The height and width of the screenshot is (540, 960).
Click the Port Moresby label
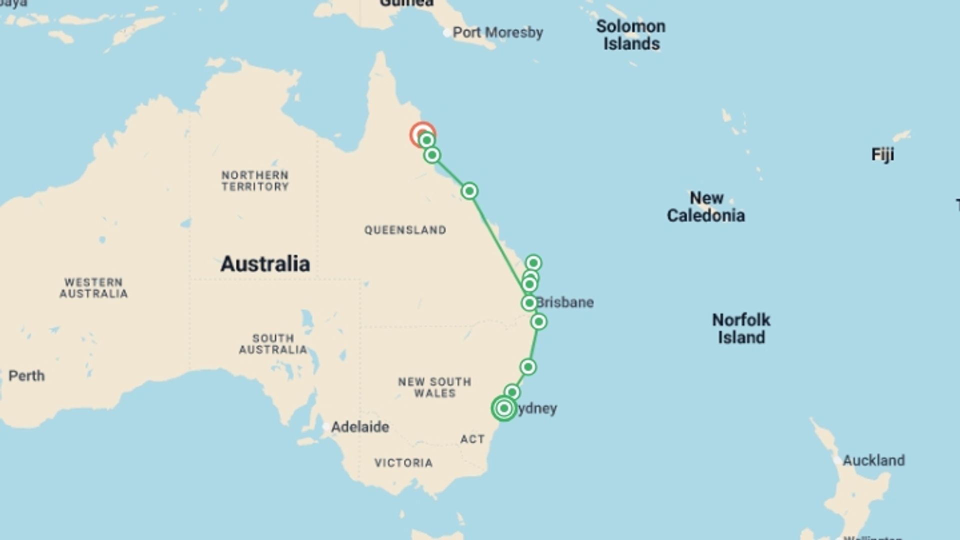[x=497, y=32]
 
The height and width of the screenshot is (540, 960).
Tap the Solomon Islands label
[x=631, y=35]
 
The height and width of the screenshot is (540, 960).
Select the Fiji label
[x=882, y=154]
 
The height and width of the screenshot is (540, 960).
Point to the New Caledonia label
[x=706, y=206]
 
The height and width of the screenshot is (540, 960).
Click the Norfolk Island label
[x=741, y=328]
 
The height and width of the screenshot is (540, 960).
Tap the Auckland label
[x=873, y=460]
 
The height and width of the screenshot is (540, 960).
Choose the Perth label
[x=26, y=375]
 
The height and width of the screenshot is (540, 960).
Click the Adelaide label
[x=360, y=427]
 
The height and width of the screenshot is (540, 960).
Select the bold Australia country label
[x=265, y=263]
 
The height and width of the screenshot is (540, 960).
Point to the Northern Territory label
[x=255, y=180]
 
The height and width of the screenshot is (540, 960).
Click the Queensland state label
[x=405, y=230]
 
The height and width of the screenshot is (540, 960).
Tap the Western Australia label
[x=93, y=288]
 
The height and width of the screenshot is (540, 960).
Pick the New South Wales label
[x=434, y=387]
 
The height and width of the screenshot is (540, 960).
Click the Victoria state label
[x=403, y=463]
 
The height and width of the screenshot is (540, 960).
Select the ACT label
[x=472, y=439]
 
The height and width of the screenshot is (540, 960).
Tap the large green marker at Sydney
[x=504, y=408]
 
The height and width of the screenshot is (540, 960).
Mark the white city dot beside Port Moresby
[x=446, y=33]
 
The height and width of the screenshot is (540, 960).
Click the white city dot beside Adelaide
[x=326, y=427]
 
